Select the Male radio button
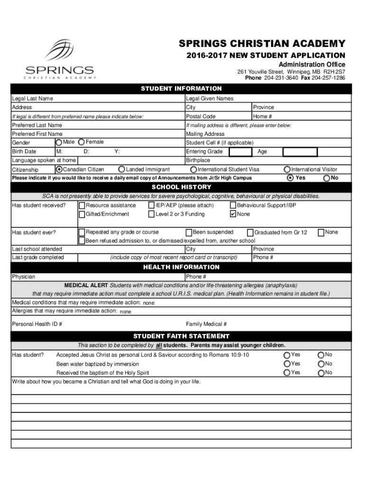point(59,142)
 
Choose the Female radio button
point(82,142)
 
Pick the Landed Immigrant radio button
point(122,169)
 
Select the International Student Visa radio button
point(193,169)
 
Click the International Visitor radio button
point(287,169)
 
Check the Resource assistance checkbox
point(82,206)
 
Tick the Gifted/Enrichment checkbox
point(82,214)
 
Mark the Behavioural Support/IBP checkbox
point(233,206)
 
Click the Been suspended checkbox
point(189,233)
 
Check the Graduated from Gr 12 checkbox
point(250,233)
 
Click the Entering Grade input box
point(240,152)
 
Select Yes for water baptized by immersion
point(287,364)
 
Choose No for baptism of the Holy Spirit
point(321,373)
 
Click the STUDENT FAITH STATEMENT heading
point(182,336)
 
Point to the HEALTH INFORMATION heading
point(182,267)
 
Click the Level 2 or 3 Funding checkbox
point(152,214)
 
